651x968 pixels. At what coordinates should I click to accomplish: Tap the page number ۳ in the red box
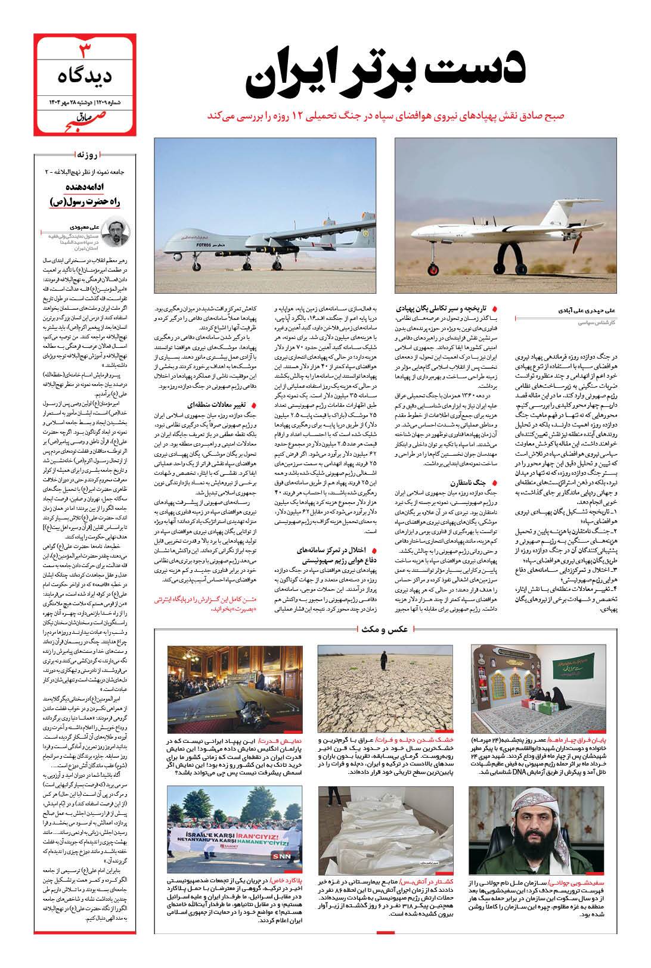[x=85, y=48]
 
